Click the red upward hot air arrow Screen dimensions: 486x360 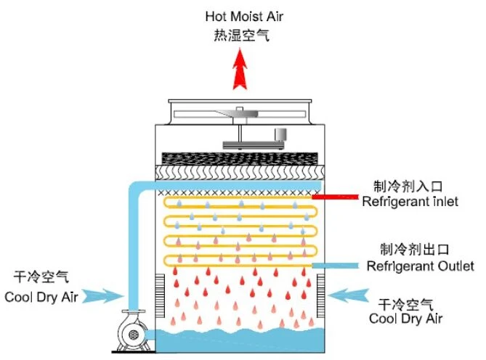240,69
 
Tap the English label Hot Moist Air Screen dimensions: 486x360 244,17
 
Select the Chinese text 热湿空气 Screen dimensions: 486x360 241,35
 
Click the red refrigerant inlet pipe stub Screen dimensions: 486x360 335,197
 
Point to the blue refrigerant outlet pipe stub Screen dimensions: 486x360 335,266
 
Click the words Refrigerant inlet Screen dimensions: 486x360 410,202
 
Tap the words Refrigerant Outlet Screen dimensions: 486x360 420,266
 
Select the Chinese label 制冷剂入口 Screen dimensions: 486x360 408,187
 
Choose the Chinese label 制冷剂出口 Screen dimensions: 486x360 414,249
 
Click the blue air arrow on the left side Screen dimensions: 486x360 103,296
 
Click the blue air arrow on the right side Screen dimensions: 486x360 349,295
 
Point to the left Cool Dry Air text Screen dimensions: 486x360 41,297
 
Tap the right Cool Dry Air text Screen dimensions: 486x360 405,318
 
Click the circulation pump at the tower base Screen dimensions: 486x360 133,331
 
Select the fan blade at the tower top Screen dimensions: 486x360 239,114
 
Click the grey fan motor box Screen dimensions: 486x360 280,134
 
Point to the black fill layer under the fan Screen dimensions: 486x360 240,159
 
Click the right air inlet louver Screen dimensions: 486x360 320,296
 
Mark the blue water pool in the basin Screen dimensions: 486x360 240,340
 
